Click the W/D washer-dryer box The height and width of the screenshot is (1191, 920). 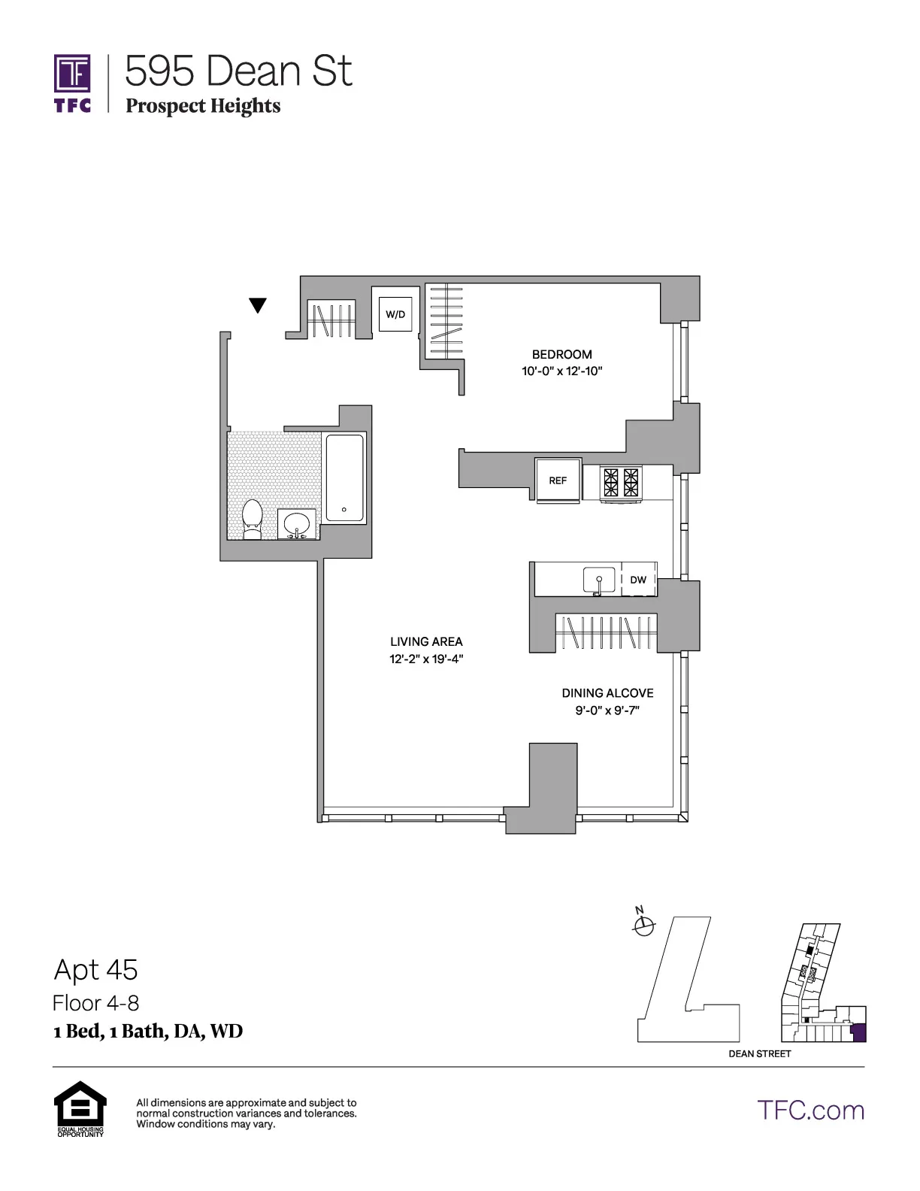tap(396, 314)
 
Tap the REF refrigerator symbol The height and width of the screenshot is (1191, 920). tap(558, 480)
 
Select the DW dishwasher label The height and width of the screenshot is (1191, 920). tap(638, 580)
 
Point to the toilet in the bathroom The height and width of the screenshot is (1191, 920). tap(252, 519)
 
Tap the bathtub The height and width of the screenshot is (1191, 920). tap(345, 477)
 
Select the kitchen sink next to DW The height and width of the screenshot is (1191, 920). tap(599, 580)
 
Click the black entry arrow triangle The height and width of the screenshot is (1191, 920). tap(258, 305)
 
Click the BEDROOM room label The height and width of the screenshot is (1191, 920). tap(561, 354)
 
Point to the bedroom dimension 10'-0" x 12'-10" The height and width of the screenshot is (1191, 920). tap(561, 371)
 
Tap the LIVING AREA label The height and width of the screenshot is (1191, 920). tap(426, 641)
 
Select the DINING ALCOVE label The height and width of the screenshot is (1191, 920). tap(607, 693)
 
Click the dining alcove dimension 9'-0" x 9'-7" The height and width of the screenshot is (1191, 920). tap(607, 711)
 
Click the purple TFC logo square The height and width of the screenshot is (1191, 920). tap(72, 74)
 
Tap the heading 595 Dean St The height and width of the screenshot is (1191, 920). tap(238, 71)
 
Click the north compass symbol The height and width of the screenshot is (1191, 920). tap(643, 927)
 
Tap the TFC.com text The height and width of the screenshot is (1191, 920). tap(810, 1111)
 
